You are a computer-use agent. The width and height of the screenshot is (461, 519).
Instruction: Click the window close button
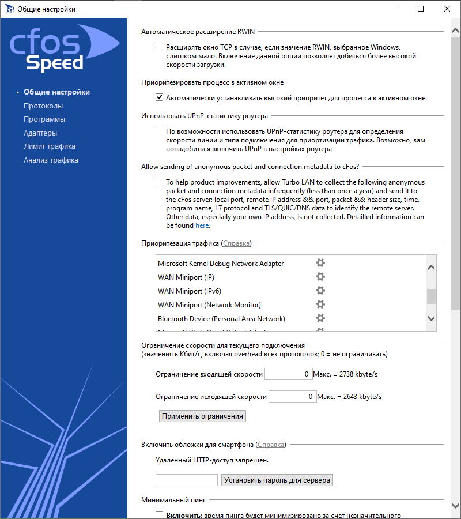pyautogui.click(x=447, y=9)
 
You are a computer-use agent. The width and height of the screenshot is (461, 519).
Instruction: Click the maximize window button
pyautogui.click(x=421, y=9)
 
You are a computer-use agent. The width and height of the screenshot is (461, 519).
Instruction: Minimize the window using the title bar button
pyautogui.click(x=394, y=9)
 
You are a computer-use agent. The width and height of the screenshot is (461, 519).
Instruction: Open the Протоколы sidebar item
pyautogui.click(x=43, y=106)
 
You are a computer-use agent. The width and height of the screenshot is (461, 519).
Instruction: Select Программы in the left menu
pyautogui.click(x=44, y=119)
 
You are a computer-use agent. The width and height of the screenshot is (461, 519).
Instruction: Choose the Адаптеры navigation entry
pyautogui.click(x=40, y=133)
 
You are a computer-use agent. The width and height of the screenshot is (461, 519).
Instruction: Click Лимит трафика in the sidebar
pyautogui.click(x=50, y=146)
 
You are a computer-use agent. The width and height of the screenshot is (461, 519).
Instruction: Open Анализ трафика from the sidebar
pyautogui.click(x=51, y=160)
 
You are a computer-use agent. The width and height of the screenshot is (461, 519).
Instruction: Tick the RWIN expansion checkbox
pyautogui.click(x=159, y=47)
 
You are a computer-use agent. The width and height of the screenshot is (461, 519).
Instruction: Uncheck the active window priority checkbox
pyautogui.click(x=159, y=98)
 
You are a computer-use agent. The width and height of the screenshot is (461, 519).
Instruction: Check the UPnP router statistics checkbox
pyautogui.click(x=159, y=131)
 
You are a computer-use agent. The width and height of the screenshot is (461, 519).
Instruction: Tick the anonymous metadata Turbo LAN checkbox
pyautogui.click(x=159, y=182)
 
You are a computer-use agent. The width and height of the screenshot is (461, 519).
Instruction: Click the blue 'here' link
pyautogui.click(x=202, y=225)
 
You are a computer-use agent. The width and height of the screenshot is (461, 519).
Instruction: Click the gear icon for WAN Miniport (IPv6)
pyautogui.click(x=320, y=291)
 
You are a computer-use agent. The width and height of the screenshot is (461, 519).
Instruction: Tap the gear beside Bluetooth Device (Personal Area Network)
pyautogui.click(x=320, y=318)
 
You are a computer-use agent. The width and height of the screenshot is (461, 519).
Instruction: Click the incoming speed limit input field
pyautogui.click(x=288, y=374)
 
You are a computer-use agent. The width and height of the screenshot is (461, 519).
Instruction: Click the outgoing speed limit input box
pyautogui.click(x=292, y=397)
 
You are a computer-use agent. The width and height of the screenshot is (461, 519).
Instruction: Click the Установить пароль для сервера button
pyautogui.click(x=277, y=480)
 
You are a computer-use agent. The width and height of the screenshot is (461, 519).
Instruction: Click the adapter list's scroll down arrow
pyautogui.click(x=431, y=318)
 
